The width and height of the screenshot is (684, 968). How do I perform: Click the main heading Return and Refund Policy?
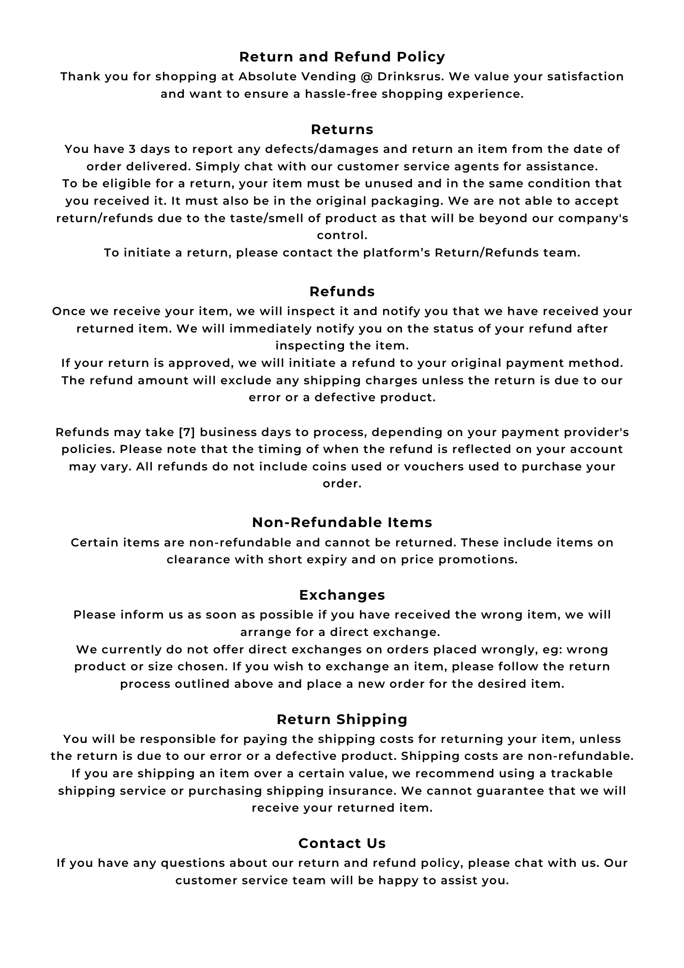pyautogui.click(x=342, y=57)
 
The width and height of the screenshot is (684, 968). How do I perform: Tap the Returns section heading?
pyautogui.click(x=342, y=130)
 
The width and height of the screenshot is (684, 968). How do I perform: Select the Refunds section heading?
pyautogui.click(x=342, y=292)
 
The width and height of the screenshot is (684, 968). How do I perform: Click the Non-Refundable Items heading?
pyautogui.click(x=342, y=523)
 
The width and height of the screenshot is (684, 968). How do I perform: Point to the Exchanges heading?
pyautogui.click(x=342, y=595)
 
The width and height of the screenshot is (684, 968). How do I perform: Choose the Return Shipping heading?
pyautogui.click(x=342, y=720)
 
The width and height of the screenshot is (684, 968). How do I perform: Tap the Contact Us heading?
pyautogui.click(x=342, y=844)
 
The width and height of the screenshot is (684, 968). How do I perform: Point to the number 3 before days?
pyautogui.click(x=132, y=149)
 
